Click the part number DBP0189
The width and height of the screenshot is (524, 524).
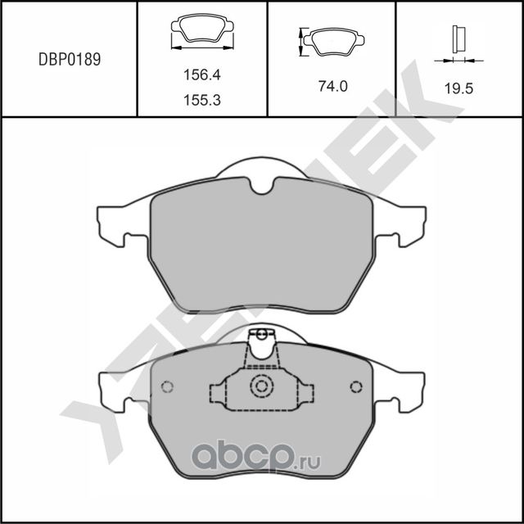(70, 60)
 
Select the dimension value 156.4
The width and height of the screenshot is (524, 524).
(201, 75)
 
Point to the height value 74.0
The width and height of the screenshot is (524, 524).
(332, 84)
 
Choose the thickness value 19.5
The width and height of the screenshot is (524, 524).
(458, 90)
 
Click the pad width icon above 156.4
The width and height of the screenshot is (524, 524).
(201, 34)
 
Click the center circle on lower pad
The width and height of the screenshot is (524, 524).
(262, 386)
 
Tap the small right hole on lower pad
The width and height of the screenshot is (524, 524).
(356, 387)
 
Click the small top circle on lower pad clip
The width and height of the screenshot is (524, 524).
(262, 334)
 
